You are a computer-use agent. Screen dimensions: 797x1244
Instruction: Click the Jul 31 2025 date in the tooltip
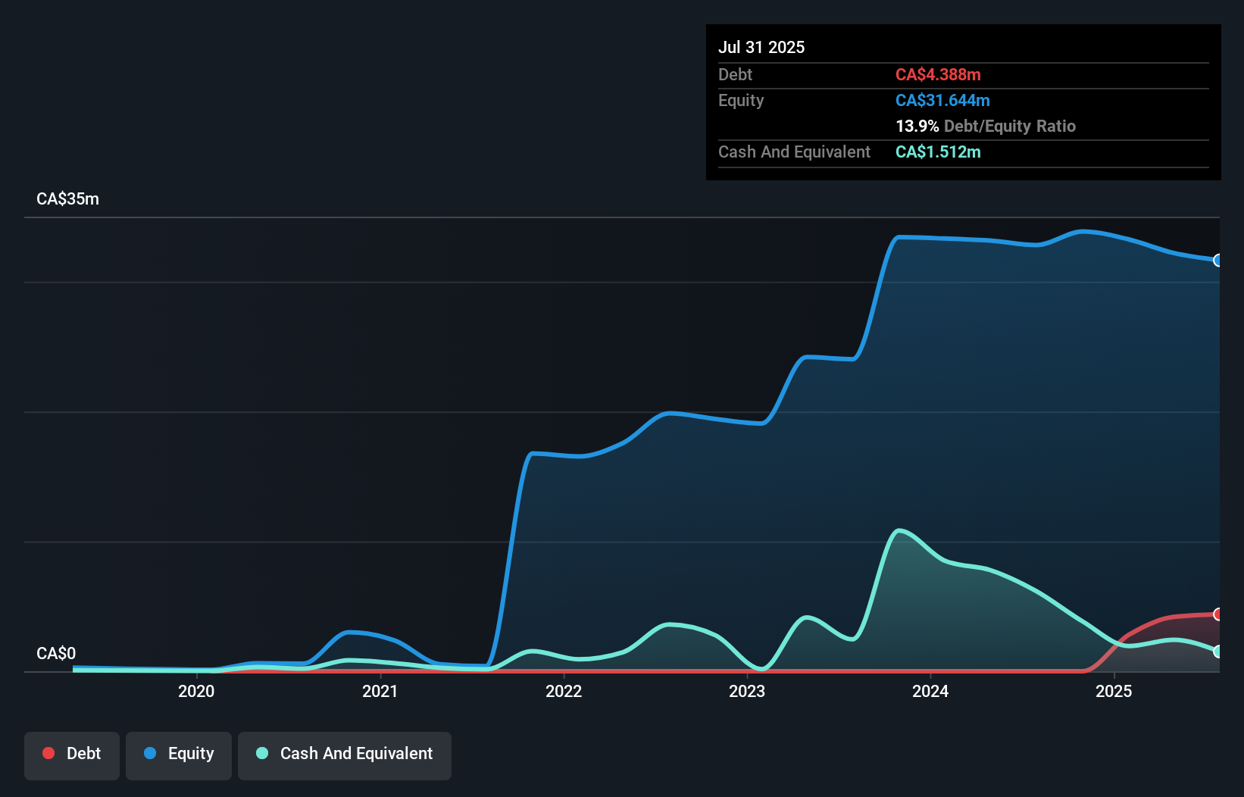pos(761,47)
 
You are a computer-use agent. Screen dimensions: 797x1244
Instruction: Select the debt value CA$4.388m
pos(938,74)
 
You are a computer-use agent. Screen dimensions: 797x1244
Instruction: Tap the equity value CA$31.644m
pos(942,100)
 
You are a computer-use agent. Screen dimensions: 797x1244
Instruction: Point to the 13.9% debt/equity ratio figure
pos(917,126)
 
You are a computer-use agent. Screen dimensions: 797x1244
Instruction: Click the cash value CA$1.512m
pos(938,152)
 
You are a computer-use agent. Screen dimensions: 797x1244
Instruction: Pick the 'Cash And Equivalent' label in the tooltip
pos(794,152)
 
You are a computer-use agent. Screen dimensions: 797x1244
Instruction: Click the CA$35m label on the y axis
pos(67,198)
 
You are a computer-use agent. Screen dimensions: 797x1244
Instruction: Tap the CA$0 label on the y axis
pos(56,653)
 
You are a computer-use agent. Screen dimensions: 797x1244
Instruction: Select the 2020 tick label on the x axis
pos(196,691)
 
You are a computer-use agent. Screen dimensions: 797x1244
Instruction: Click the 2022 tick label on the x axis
pos(564,691)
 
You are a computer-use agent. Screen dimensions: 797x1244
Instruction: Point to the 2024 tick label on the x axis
pos(930,691)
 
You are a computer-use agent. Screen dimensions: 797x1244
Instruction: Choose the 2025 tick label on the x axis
pos(1114,691)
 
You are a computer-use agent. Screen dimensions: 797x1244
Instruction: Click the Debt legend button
pos(72,754)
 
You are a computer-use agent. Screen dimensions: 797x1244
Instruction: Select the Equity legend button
pos(179,754)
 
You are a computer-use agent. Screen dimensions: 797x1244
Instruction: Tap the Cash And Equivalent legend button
pos(345,754)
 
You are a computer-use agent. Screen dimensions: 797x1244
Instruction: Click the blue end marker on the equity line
pos(1217,261)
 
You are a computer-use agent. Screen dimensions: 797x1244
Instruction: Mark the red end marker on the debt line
pos(1217,614)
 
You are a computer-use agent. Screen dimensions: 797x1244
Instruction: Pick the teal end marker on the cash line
pos(1217,652)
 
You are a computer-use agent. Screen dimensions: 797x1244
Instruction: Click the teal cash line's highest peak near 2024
pos(899,530)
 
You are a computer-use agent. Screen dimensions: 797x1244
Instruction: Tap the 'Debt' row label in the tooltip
pos(735,74)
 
